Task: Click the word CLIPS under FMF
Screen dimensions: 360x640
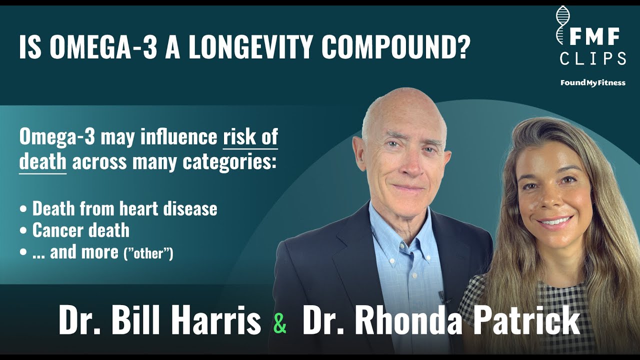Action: [x=593, y=59]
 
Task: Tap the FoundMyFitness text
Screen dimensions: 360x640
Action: [x=593, y=82]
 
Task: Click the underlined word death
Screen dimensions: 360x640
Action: [x=42, y=162]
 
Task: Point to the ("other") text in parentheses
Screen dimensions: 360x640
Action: [x=148, y=253]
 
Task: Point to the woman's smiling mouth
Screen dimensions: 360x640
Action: [x=553, y=221]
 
